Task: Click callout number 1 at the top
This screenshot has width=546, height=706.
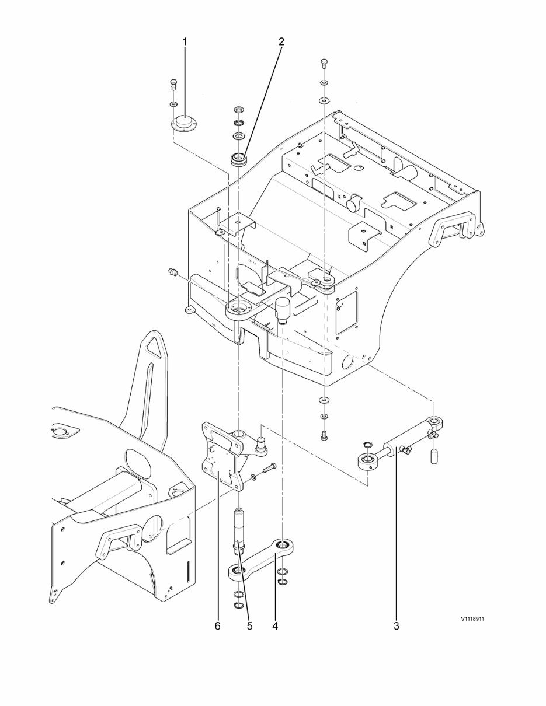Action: coord(185,41)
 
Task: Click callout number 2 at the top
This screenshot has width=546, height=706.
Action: coord(281,41)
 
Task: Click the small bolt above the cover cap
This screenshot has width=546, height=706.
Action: coord(173,83)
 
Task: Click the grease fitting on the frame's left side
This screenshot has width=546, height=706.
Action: coord(172,272)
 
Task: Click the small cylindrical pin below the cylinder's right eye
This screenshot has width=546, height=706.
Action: coord(434,456)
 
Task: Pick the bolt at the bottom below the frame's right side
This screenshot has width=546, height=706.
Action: coord(324,434)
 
